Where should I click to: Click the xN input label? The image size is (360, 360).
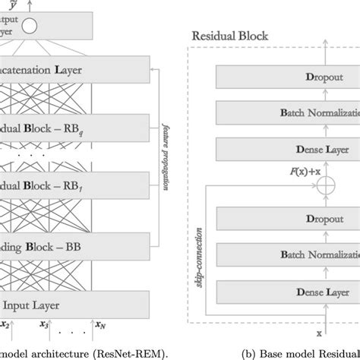(100, 325)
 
